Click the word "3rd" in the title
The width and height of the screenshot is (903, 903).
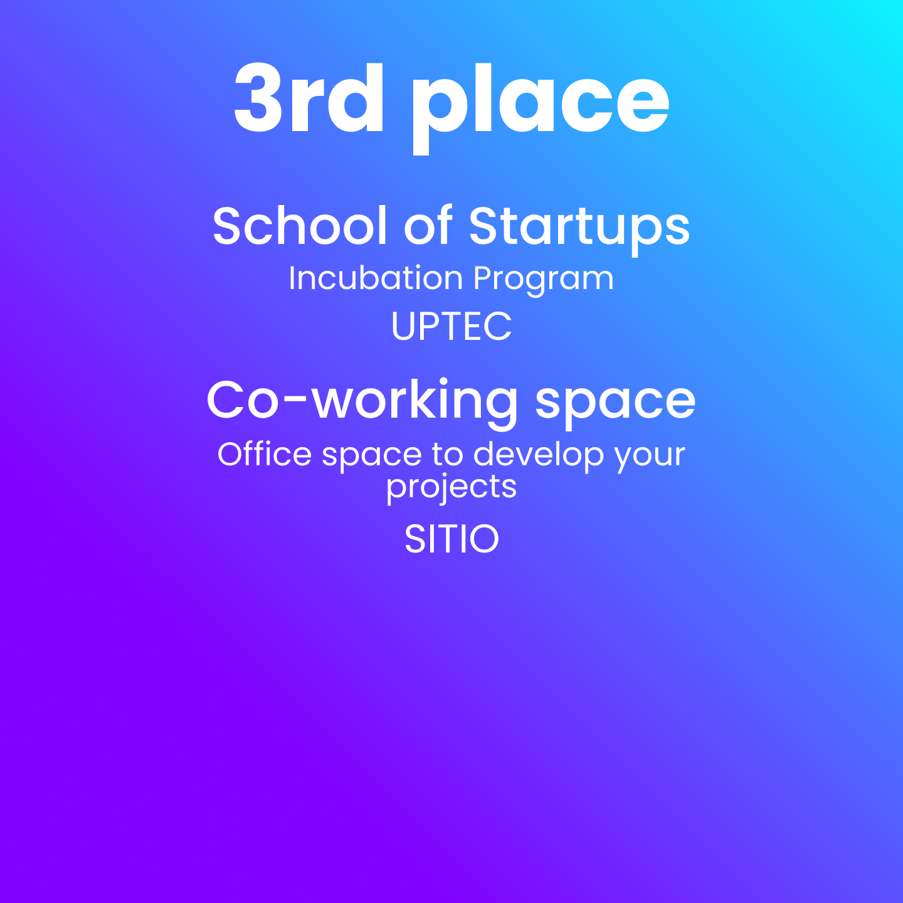tap(309, 98)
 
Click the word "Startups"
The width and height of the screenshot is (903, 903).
tap(579, 230)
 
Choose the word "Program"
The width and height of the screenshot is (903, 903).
tap(543, 281)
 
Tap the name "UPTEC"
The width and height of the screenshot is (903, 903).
tap(451, 327)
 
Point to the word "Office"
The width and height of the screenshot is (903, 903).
tap(265, 454)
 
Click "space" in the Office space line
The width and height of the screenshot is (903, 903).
tap(372, 458)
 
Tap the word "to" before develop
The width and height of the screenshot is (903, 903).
tap(447, 455)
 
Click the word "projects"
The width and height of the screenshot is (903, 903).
tap(451, 488)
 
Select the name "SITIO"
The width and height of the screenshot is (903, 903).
tap(451, 539)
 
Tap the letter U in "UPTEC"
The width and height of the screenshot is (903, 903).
tap(404, 327)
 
